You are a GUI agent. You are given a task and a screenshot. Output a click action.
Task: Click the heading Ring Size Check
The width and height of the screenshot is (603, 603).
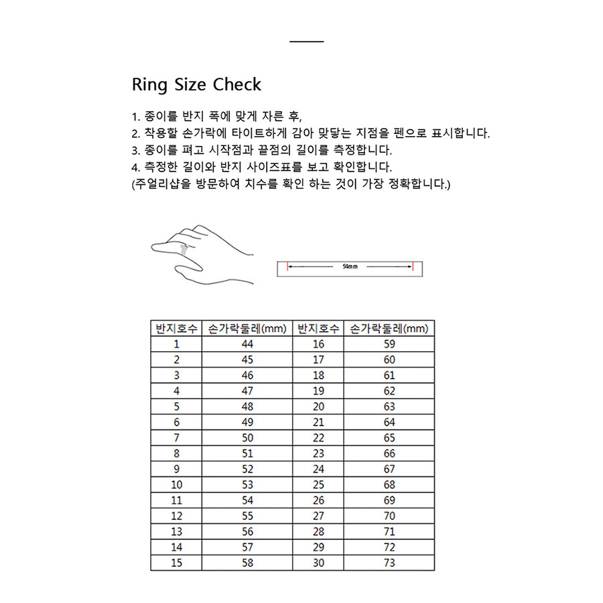[x=196, y=85]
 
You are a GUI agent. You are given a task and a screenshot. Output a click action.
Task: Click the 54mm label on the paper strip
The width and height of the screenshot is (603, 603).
[x=350, y=267]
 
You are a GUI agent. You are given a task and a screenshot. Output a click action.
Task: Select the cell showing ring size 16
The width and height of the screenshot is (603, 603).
[x=318, y=344]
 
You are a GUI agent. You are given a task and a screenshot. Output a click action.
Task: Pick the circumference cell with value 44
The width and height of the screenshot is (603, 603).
[x=247, y=344]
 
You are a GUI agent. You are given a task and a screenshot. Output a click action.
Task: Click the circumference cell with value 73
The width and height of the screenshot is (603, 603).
[x=389, y=563]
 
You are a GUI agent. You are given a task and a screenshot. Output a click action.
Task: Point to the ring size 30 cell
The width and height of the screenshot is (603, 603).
[x=318, y=563]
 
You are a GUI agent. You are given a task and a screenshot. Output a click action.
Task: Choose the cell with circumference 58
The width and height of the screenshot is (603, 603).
[x=247, y=563]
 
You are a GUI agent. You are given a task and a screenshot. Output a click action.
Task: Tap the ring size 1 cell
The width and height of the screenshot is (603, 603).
[x=176, y=344]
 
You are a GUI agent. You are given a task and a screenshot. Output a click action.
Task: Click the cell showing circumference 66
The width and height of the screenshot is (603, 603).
[x=389, y=454]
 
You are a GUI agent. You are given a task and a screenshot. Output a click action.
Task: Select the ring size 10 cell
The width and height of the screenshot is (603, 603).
[x=176, y=484]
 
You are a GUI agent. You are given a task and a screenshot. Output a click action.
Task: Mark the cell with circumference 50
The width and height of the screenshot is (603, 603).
[x=247, y=438]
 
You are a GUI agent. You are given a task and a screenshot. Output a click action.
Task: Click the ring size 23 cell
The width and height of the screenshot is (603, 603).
[x=318, y=454]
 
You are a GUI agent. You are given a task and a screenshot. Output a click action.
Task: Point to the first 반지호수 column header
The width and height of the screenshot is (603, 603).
[x=176, y=329]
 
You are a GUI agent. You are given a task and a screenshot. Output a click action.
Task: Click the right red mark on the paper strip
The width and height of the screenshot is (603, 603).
[x=413, y=267]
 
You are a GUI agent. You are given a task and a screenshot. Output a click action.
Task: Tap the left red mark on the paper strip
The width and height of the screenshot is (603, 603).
[x=287, y=267]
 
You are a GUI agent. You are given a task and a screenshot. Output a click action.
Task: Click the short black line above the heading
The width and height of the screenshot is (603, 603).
[x=307, y=42]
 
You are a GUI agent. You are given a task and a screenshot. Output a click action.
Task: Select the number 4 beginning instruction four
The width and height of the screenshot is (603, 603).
[x=135, y=167]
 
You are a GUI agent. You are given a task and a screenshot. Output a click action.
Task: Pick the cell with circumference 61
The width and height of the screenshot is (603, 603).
[x=389, y=376]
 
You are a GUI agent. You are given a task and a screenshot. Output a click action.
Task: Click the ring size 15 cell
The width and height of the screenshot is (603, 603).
[x=176, y=563]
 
